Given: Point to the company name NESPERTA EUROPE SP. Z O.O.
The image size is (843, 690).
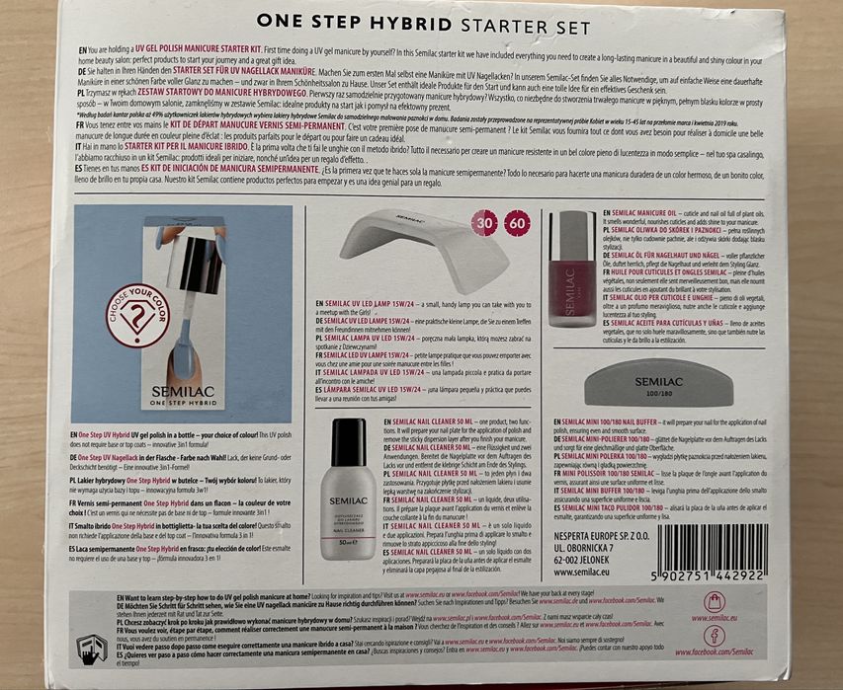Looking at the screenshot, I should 613,528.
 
